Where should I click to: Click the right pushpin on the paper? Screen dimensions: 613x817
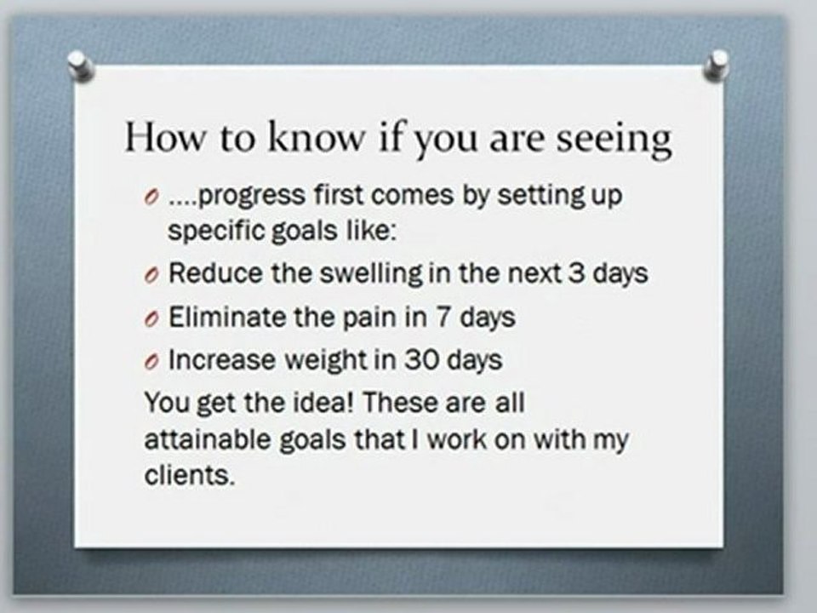click(718, 65)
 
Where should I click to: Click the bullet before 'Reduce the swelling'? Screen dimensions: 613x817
click(151, 276)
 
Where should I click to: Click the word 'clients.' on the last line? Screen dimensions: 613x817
click(188, 476)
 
